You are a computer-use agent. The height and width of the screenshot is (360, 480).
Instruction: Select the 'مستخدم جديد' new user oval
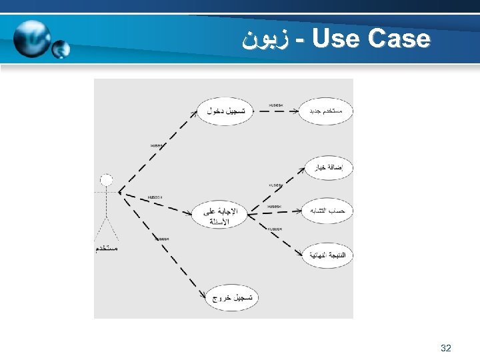[326, 110]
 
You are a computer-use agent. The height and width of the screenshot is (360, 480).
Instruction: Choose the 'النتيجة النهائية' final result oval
[327, 255]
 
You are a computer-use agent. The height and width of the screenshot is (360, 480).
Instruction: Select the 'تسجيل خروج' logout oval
[231, 298]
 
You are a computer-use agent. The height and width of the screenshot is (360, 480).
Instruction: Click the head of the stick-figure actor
[106, 179]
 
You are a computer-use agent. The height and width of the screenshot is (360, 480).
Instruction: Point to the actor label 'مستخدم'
[106, 248]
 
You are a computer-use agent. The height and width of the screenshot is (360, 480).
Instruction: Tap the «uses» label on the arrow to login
[157, 145]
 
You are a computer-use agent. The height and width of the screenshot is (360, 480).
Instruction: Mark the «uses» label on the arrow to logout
[161, 238]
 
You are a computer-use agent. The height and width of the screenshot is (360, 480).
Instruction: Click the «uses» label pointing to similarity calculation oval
[275, 207]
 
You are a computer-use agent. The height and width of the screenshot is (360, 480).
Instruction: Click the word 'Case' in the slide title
[399, 39]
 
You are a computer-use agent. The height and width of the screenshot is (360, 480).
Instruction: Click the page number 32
[446, 348]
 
